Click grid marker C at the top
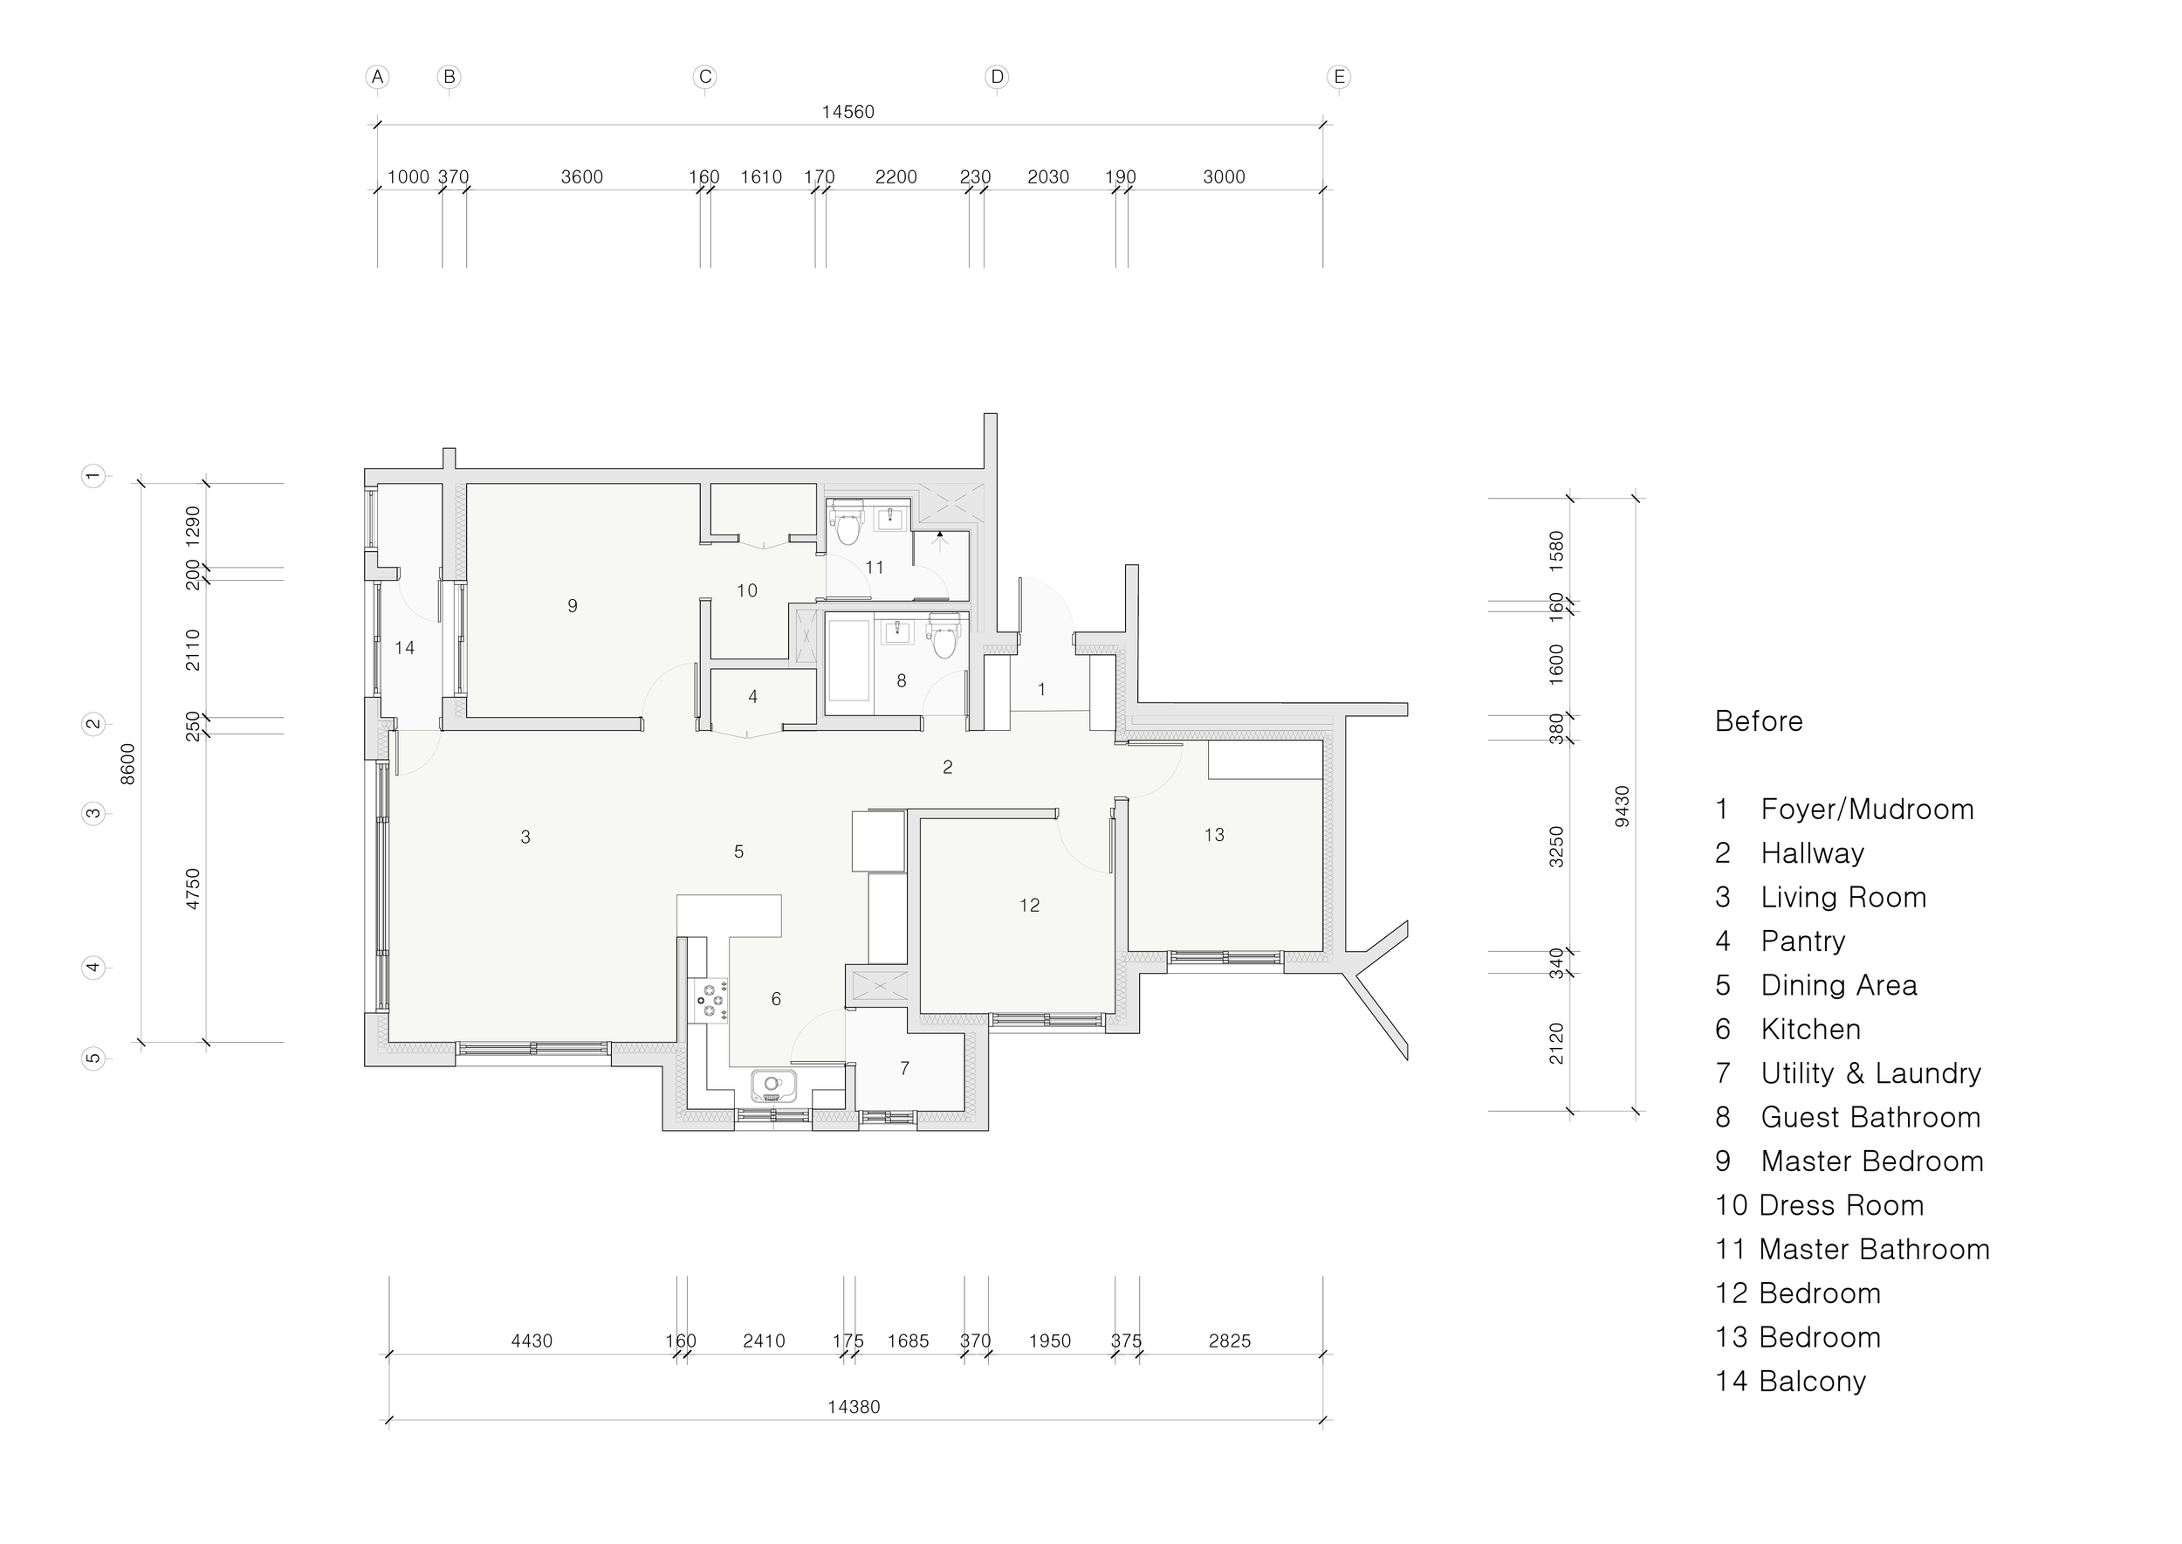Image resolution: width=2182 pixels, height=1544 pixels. pyautogui.click(x=704, y=77)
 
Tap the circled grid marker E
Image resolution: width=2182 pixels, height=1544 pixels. pyautogui.click(x=1339, y=77)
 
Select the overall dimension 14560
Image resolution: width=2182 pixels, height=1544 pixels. pyautogui.click(x=847, y=112)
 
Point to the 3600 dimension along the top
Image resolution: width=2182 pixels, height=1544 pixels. pyautogui.click(x=581, y=176)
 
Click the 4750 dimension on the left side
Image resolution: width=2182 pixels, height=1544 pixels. pyautogui.click(x=193, y=889)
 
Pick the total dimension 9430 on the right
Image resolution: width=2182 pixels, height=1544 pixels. pyautogui.click(x=1623, y=806)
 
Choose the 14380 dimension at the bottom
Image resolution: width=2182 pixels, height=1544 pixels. pyautogui.click(x=854, y=1407)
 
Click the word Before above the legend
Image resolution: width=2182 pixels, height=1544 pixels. pyautogui.click(x=1758, y=721)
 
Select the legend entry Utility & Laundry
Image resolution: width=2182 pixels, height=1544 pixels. pyautogui.click(x=1870, y=1073)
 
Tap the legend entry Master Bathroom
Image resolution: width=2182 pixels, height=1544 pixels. pyautogui.click(x=1874, y=1250)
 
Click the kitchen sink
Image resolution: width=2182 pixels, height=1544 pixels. pyautogui.click(x=773, y=1085)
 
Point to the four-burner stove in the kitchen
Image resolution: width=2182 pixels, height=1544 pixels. pyautogui.click(x=709, y=1001)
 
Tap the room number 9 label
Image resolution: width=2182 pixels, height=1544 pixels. pyautogui.click(x=572, y=605)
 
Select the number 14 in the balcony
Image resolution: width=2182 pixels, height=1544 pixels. pyautogui.click(x=405, y=647)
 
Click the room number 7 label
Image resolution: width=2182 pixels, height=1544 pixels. pyautogui.click(x=905, y=1069)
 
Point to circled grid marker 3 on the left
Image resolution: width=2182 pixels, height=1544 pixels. pyautogui.click(x=93, y=813)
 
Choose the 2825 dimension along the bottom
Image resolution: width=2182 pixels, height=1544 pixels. pyautogui.click(x=1230, y=1341)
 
